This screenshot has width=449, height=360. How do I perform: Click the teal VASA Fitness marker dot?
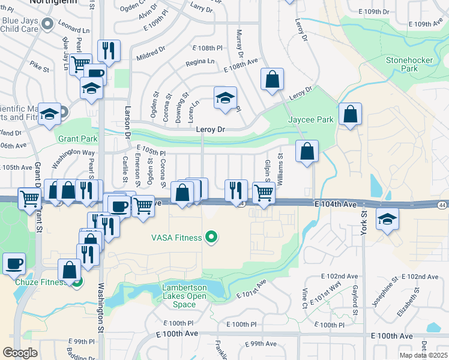210,238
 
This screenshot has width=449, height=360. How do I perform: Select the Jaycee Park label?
310,119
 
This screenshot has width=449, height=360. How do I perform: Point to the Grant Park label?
77,139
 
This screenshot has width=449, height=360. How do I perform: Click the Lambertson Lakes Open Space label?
184,296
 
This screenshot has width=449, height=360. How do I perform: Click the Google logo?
20,352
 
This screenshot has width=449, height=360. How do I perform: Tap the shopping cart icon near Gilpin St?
264,192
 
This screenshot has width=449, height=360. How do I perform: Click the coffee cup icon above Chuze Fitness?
14,263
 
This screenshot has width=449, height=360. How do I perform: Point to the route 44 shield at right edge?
442,205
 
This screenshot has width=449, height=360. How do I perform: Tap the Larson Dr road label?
127,119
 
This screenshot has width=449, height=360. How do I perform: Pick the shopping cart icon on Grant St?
29,199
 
